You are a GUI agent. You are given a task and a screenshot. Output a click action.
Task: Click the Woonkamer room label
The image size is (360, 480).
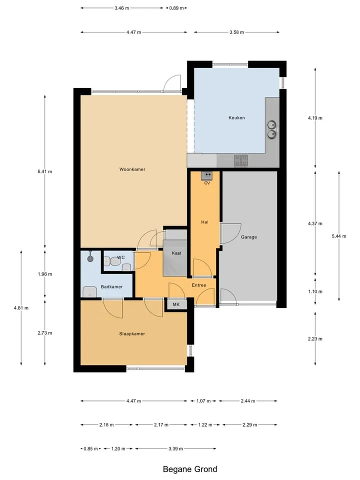132,169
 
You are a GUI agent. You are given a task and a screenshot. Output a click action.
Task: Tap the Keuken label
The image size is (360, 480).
236,117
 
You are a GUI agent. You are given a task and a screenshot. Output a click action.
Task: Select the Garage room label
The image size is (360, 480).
249,237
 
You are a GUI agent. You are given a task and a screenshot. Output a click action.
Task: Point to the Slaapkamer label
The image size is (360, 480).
132,333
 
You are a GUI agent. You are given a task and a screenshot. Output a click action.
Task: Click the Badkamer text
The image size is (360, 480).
111,287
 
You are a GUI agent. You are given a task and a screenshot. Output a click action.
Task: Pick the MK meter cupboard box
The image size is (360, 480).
176,304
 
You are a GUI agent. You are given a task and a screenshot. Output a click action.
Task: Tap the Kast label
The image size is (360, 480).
176,253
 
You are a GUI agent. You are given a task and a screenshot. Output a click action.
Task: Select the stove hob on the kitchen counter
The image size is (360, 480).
241,160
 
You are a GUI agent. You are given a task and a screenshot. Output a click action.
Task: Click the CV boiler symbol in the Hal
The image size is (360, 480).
207,175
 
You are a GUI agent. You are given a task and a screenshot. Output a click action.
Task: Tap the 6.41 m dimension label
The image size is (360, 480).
45,171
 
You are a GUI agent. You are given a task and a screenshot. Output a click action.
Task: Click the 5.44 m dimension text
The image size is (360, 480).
339,236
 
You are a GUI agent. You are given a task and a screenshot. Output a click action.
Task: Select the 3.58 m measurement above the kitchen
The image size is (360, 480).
237,32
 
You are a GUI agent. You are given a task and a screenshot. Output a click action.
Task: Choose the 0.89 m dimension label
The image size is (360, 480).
176,8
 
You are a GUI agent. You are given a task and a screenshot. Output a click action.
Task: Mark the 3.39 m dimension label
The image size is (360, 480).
175,449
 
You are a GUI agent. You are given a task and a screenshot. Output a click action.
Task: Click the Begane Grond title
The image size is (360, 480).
190,469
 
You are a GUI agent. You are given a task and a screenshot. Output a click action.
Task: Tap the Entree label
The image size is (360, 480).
199,285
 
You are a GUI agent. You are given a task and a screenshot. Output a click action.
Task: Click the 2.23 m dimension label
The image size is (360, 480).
315,339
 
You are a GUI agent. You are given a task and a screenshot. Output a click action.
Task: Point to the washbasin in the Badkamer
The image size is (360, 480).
89,291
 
